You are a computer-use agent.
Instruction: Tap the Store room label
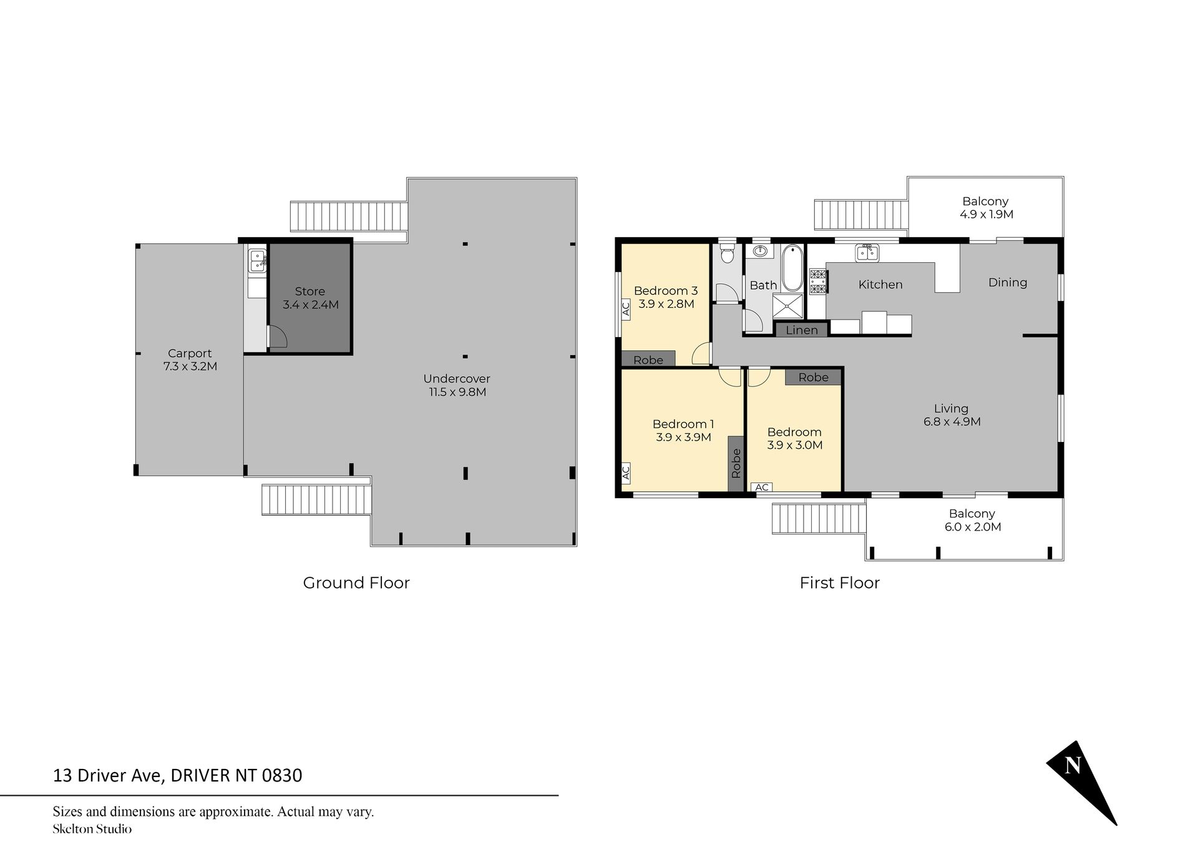tap(310, 291)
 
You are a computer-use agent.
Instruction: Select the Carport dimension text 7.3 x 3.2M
tap(190, 366)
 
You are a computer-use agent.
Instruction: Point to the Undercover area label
tap(457, 378)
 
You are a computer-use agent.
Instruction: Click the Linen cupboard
tap(802, 330)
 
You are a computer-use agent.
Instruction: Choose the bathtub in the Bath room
tap(792, 268)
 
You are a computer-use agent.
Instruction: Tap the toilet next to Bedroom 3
tap(726, 253)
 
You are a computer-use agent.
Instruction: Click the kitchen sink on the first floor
tap(867, 252)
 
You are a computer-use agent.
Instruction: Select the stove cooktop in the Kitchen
tap(818, 281)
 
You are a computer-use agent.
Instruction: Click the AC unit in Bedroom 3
tap(626, 310)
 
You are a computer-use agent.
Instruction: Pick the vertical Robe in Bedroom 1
tap(736, 463)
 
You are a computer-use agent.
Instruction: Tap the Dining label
tap(1008, 282)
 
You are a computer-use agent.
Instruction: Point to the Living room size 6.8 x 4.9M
tap(952, 421)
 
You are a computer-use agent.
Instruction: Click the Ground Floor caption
tap(356, 582)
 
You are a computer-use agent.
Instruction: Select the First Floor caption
tap(840, 582)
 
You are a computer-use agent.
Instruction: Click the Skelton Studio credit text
tap(92, 829)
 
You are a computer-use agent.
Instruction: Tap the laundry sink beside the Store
tap(257, 260)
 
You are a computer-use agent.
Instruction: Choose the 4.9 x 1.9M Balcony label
tap(986, 208)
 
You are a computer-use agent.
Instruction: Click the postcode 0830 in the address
tap(282, 775)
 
